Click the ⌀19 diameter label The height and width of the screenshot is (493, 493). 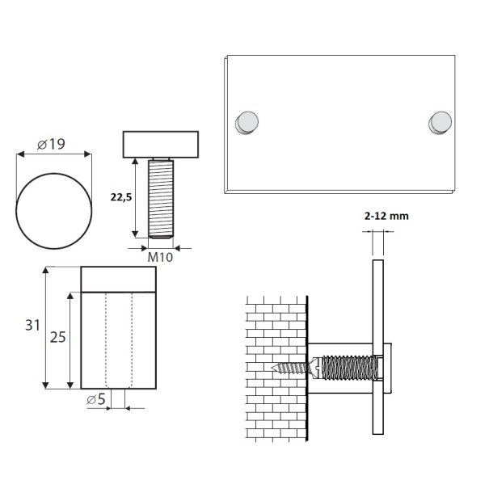pos(52,145)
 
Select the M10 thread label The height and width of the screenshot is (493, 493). pos(162,257)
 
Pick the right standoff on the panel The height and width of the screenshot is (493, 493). pos(440,121)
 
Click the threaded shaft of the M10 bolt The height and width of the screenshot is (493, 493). pos(162,198)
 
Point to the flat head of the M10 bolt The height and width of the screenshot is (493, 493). pos(162,145)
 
